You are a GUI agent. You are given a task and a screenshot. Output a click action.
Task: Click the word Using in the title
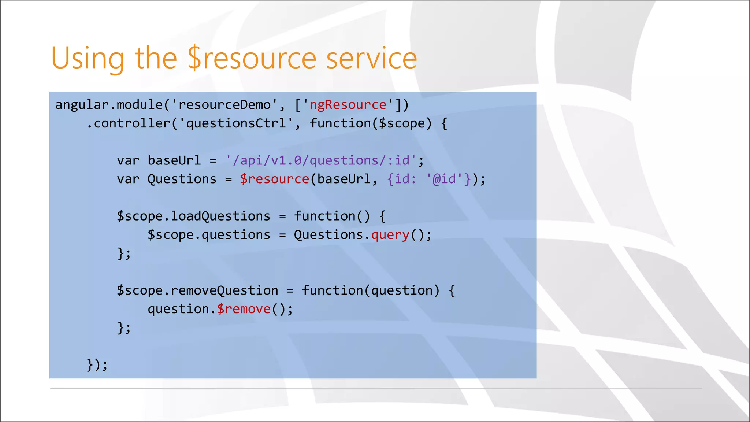pos(88,59)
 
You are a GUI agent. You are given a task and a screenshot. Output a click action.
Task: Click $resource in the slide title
pos(252,59)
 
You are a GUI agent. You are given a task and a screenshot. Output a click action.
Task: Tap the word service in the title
pos(371,59)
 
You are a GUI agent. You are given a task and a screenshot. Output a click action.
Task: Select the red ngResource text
pos(348,105)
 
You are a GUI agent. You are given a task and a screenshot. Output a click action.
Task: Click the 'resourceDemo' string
pos(224,105)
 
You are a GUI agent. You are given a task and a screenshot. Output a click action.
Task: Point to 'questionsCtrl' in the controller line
pos(236,123)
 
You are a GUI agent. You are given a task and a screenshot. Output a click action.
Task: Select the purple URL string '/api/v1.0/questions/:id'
pos(321,161)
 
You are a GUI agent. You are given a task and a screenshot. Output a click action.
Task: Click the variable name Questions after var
pos(182,179)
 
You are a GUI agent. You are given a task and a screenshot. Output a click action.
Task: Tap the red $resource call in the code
pos(275,179)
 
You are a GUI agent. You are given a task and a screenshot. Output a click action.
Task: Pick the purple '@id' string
pos(444,179)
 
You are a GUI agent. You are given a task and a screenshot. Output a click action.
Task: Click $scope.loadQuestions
pos(193,216)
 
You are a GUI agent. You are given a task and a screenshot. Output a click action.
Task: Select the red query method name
pos(390,235)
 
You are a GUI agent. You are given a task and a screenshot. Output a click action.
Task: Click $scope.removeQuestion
pos(197,291)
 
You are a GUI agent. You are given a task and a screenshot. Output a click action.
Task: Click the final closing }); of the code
pos(97,365)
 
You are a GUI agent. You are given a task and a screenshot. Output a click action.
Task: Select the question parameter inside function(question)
pos(402,291)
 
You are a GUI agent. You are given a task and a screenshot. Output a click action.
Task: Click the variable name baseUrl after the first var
pos(174,161)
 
